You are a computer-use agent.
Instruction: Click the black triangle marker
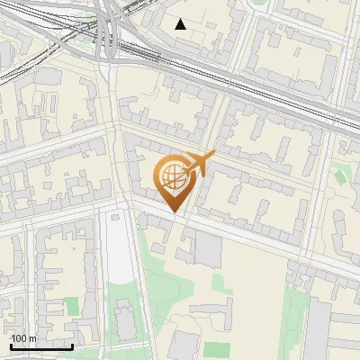coord(181,24)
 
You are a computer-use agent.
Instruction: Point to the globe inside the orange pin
coord(171,177)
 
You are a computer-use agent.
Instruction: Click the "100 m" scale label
coord(22,339)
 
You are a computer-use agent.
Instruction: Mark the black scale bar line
coord(41,346)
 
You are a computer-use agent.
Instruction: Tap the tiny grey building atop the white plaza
coord(115,216)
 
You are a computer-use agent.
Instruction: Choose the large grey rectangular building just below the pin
coord(207,249)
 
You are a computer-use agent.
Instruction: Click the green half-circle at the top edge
coord(259,3)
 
